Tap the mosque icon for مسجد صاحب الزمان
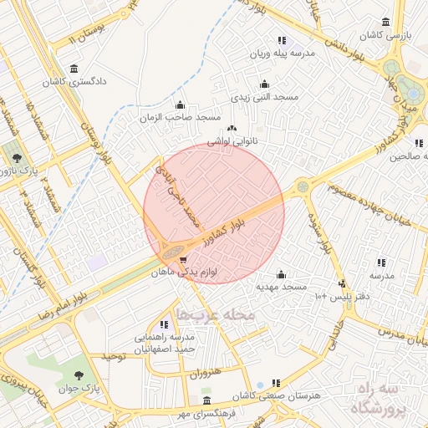point(181,105)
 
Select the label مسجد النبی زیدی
point(264,97)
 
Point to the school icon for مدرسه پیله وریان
point(282,40)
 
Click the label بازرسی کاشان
point(384,36)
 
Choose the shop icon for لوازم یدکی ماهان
point(183,260)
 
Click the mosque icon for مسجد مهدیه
point(280,274)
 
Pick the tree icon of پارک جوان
point(79,375)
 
